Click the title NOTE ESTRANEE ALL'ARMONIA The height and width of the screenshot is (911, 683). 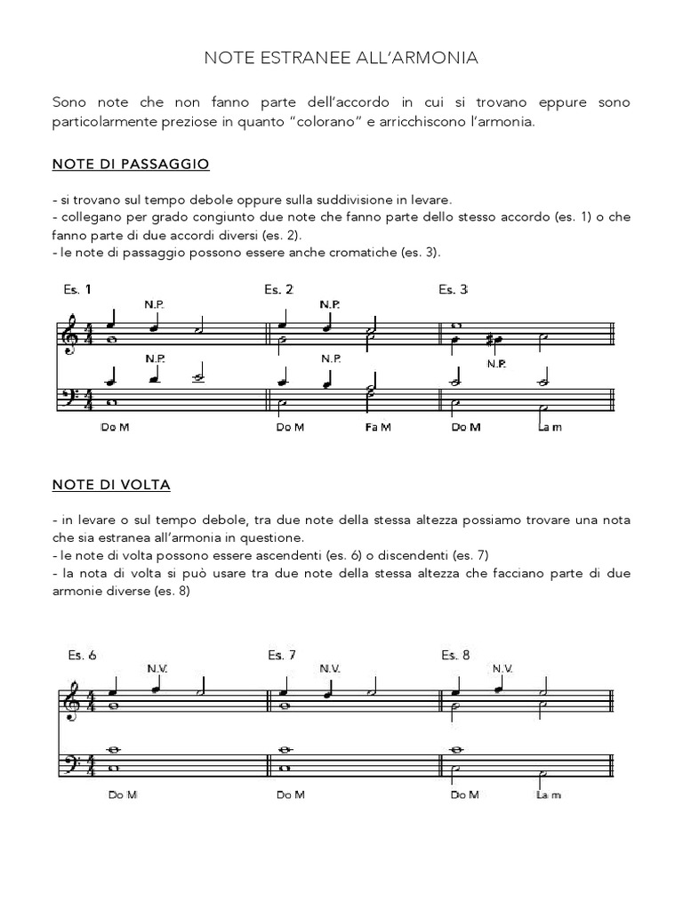[341, 59]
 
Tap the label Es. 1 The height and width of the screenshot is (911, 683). [77, 289]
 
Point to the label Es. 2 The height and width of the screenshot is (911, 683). [279, 289]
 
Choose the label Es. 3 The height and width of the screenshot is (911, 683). [454, 289]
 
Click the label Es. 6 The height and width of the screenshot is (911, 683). [82, 656]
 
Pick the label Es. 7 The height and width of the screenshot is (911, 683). [282, 656]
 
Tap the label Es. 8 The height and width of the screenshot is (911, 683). [455, 656]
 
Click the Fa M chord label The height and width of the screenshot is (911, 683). [377, 427]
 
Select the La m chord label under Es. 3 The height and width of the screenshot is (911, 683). [550, 427]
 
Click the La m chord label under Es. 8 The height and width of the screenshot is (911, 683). [549, 795]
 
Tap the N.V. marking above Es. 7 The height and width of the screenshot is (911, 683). [330, 667]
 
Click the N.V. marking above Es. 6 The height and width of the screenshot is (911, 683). [157, 667]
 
